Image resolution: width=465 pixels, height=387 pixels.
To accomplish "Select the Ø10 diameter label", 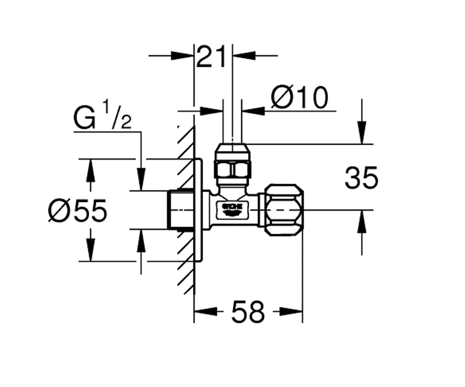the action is click(x=300, y=97).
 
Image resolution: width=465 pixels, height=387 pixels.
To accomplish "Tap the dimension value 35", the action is click(x=361, y=178).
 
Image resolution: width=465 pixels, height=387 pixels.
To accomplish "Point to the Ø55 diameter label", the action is click(x=77, y=210).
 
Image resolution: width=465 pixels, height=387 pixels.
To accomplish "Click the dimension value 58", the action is click(x=248, y=312).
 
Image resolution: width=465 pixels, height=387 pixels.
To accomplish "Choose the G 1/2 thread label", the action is click(x=102, y=117).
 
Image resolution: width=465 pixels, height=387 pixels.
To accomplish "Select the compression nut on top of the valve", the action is click(x=232, y=161).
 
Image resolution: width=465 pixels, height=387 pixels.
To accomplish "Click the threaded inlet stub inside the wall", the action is click(x=180, y=209).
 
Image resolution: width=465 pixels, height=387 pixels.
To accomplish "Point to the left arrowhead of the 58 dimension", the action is click(x=206, y=312).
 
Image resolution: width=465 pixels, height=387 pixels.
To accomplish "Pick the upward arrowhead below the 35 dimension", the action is click(x=362, y=221).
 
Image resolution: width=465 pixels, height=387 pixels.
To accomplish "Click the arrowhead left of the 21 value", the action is click(x=182, y=56).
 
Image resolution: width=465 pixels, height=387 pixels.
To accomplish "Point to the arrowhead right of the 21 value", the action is click(x=244, y=56).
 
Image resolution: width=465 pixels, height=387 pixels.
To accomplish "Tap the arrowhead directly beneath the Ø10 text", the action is click(x=253, y=111).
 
